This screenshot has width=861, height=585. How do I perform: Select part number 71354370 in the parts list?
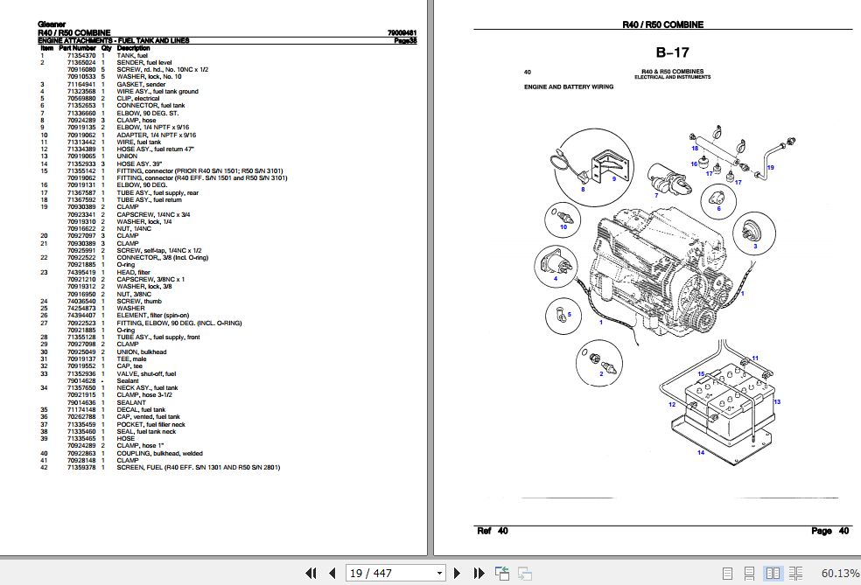tap(81, 55)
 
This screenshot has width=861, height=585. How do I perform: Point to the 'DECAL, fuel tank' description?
tap(141, 409)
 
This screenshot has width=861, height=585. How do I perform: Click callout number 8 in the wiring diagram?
tap(583, 189)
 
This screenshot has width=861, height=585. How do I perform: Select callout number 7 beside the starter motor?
tap(655, 196)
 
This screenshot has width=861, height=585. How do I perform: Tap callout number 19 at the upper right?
tap(771, 166)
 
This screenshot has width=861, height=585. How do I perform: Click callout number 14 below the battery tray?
tap(700, 452)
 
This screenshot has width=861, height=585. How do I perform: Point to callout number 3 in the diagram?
tap(753, 247)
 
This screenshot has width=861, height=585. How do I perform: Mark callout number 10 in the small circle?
tap(563, 226)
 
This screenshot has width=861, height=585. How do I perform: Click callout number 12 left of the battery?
tap(671, 404)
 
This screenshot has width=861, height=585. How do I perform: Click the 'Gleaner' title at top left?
tap(50, 25)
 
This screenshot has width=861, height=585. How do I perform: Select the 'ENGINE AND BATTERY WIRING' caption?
tap(568, 87)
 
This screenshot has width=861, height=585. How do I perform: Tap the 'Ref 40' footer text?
tap(492, 531)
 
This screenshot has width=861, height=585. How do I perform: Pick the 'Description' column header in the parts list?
tap(134, 47)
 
